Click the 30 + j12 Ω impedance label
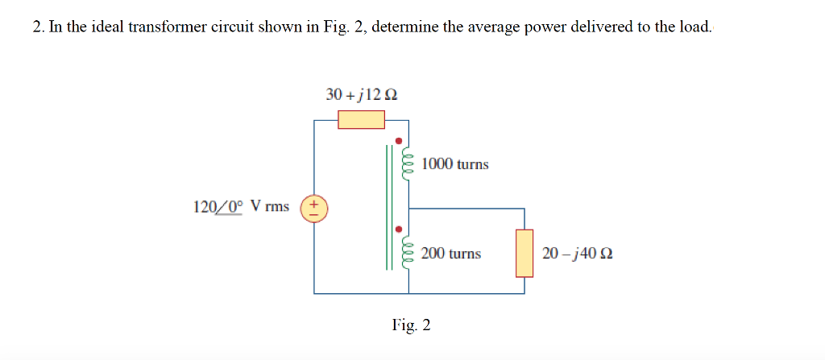pyautogui.click(x=361, y=94)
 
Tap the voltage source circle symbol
pyautogui.click(x=313, y=207)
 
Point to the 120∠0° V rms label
pyautogui.click(x=241, y=206)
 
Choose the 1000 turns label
pyautogui.click(x=454, y=164)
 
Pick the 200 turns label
pyautogui.click(x=450, y=254)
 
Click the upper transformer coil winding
pyautogui.click(x=407, y=164)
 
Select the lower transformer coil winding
pyautogui.click(x=407, y=254)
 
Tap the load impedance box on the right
pyautogui.click(x=524, y=253)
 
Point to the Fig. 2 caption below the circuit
pyautogui.click(x=411, y=325)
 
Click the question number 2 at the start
pyautogui.click(x=38, y=27)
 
